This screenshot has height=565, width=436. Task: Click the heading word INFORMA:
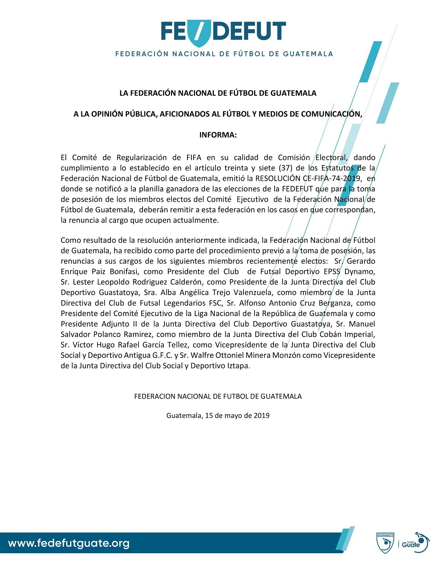218,135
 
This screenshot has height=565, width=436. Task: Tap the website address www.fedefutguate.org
69,543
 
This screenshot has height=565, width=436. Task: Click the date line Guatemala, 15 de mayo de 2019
218,416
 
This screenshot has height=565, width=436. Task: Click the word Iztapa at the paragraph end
238,366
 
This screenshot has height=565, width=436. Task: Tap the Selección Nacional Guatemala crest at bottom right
385,543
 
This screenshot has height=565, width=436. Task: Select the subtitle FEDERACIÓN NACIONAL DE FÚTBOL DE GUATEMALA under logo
224,54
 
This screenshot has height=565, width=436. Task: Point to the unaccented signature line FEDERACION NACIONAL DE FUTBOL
218,397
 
